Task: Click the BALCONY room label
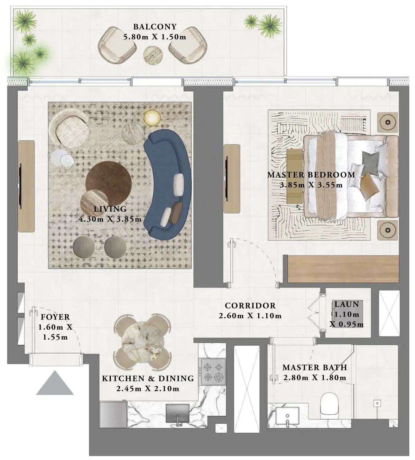[x=155, y=27]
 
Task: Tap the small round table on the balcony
[x=153, y=54]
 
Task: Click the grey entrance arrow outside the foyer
[x=55, y=384]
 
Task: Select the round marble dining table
[x=143, y=343]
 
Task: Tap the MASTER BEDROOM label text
[x=311, y=175]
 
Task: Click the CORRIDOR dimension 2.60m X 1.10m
[x=250, y=316]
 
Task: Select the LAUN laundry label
[x=347, y=304]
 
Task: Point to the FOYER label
[x=55, y=317]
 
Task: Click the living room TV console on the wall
[x=26, y=186]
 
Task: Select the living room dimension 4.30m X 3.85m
[x=110, y=219]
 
